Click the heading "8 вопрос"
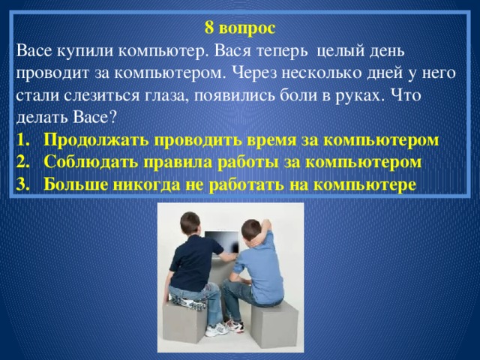[x=239, y=29]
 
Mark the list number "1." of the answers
[x=22, y=140]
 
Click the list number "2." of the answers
[x=22, y=162]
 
